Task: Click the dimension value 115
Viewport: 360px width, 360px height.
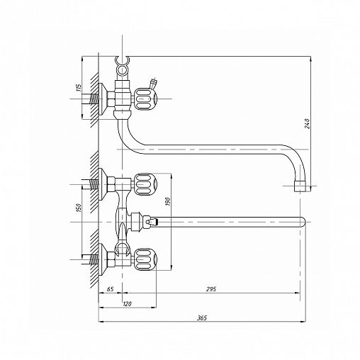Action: (x=79, y=88)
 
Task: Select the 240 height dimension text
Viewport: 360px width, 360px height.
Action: (x=307, y=123)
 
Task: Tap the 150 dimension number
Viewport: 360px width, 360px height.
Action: (x=79, y=208)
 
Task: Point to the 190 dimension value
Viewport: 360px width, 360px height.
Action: (x=167, y=201)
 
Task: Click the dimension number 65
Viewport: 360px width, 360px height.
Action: (x=111, y=289)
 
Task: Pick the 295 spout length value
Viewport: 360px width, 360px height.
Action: (x=211, y=289)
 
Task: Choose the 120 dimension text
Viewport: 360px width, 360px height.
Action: (x=127, y=304)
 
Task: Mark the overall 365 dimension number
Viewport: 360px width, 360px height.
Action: (x=202, y=318)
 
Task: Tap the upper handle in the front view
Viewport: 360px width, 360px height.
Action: (x=145, y=184)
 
